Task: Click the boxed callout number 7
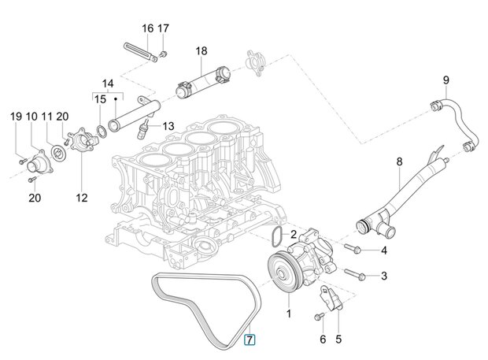[250, 340]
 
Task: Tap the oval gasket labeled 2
[277, 235]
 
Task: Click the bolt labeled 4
[353, 248]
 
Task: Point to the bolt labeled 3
[355, 274]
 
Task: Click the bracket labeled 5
[331, 298]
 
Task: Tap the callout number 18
[201, 50]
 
